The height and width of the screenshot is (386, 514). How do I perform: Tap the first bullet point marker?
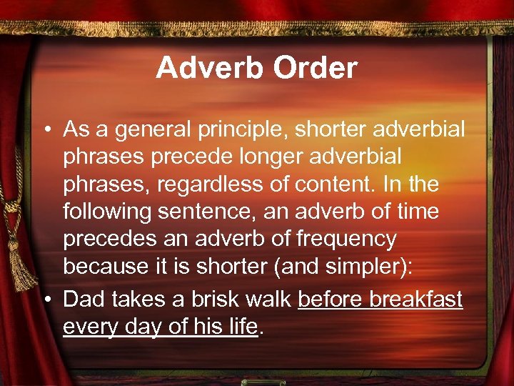click(x=47, y=130)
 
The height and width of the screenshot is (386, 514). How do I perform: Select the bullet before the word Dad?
click(x=47, y=300)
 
